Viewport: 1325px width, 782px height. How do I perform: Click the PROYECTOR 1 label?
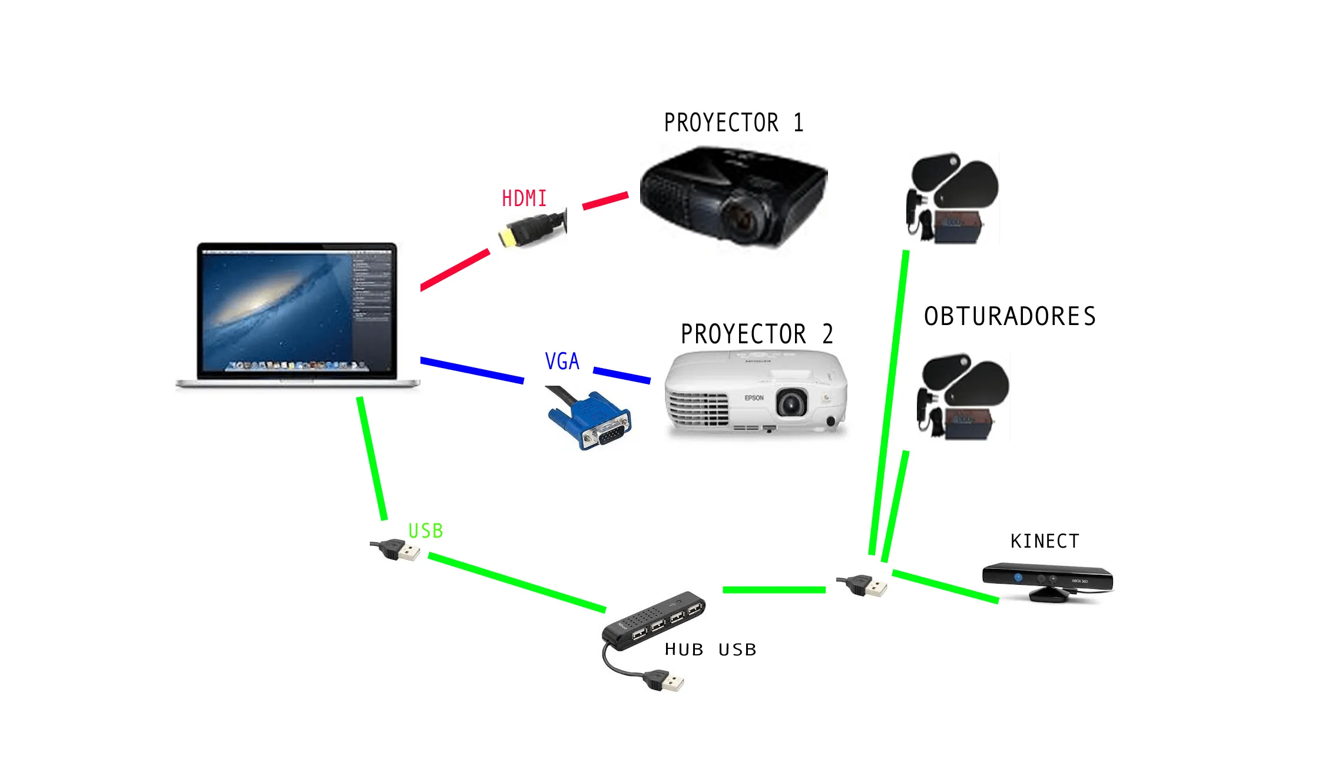pos(733,122)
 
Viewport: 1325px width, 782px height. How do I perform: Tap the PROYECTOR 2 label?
pos(757,334)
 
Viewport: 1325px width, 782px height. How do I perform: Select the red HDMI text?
pos(524,198)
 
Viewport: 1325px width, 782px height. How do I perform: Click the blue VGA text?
pos(562,361)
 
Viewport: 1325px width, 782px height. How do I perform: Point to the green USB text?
pos(425,531)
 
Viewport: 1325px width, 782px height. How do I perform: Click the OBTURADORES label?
pos(1009,316)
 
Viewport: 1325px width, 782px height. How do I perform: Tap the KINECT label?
pos(1045,541)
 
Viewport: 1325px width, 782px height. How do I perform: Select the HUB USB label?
pos(710,650)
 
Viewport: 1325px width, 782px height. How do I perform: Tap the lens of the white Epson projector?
pos(791,403)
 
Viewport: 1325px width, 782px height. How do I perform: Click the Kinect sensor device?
pos(1048,580)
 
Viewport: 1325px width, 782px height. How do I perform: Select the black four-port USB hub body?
pos(654,621)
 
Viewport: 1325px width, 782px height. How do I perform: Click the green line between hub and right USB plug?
pos(774,589)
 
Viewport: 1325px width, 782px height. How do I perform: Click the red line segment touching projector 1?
pos(605,200)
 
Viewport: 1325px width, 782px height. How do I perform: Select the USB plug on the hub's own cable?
pos(665,681)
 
